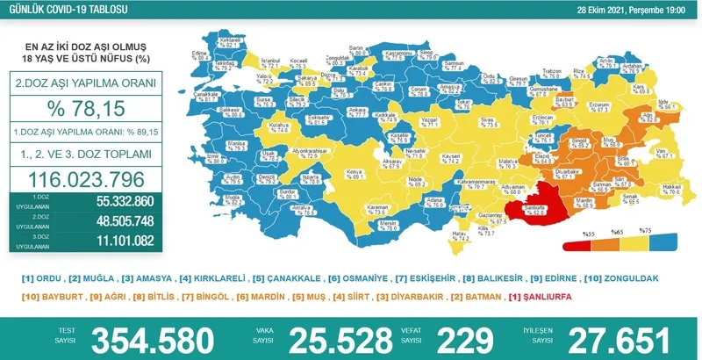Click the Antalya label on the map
pos(302,207)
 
